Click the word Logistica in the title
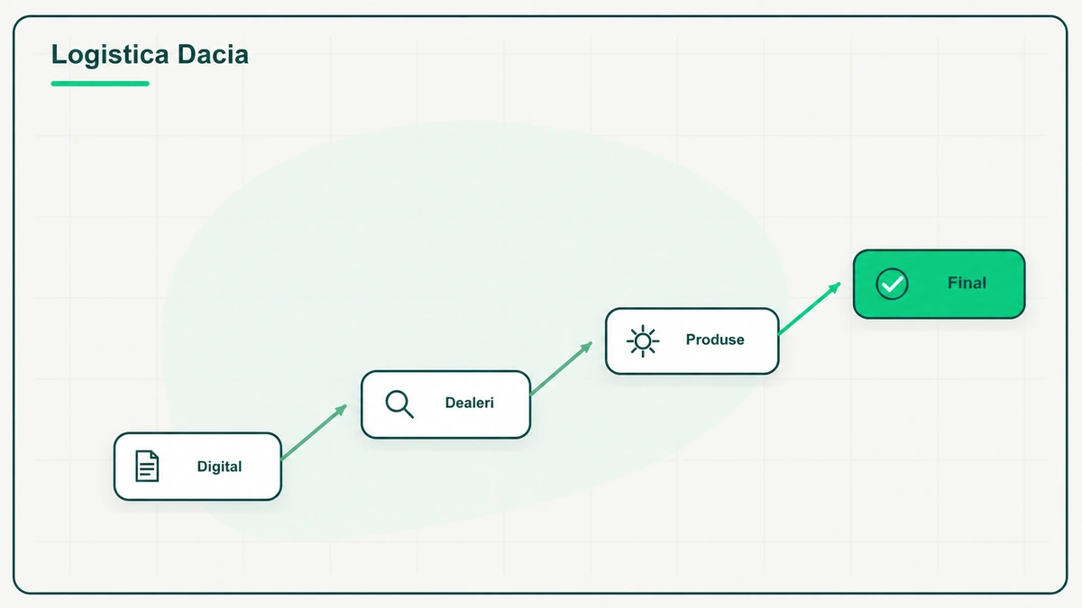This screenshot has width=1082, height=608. pyautogui.click(x=110, y=55)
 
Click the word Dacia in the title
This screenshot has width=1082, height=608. pyautogui.click(x=213, y=54)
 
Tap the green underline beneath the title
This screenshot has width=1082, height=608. pyautogui.click(x=100, y=84)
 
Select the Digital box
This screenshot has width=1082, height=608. pyautogui.click(x=197, y=467)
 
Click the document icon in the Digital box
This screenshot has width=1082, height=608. pyautogui.click(x=147, y=467)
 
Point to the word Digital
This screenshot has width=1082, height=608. pyautogui.click(x=219, y=467)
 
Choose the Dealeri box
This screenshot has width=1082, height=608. pyautogui.click(x=445, y=404)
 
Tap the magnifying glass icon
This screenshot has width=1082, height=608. pyautogui.click(x=399, y=404)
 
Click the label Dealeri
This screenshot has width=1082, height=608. pyautogui.click(x=470, y=403)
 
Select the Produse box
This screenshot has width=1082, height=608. pyautogui.click(x=692, y=341)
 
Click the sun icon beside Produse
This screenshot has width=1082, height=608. pyautogui.click(x=643, y=341)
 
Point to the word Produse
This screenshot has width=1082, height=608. pyautogui.click(x=715, y=340)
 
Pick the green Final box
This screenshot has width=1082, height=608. pyautogui.click(x=939, y=284)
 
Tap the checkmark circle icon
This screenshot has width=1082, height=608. pyautogui.click(x=892, y=284)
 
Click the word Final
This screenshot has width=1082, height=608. pyautogui.click(x=967, y=283)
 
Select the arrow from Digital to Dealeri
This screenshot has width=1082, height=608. pyautogui.click(x=314, y=432)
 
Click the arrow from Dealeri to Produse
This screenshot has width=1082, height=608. pyautogui.click(x=561, y=368)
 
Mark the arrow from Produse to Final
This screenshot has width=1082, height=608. pyautogui.click(x=810, y=308)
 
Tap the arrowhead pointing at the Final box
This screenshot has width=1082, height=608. pyautogui.click(x=835, y=288)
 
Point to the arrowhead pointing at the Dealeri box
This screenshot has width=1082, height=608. pyautogui.click(x=341, y=410)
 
